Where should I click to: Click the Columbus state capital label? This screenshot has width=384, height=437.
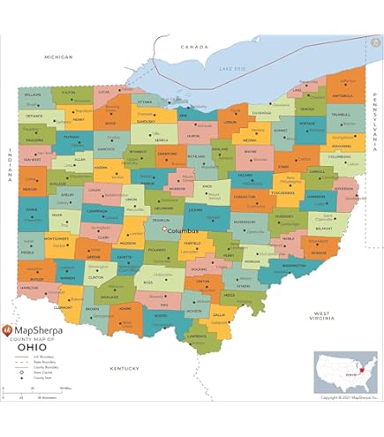184,231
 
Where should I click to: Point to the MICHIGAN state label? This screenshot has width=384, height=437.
58,56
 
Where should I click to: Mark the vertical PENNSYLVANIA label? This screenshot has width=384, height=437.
374,115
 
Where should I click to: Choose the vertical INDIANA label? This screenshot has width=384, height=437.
10,164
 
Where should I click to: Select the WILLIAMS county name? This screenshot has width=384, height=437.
34,94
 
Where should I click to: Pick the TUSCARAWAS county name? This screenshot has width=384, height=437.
282,191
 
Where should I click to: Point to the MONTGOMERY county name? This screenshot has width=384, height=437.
56,238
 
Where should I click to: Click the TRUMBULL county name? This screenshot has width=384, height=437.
340,115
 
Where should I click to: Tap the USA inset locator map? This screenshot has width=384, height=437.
345,371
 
